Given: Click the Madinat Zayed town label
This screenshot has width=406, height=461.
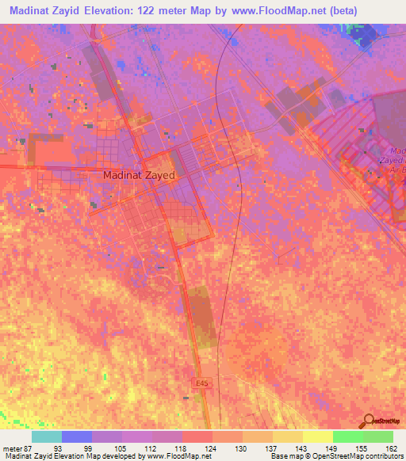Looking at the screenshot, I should coord(139,177).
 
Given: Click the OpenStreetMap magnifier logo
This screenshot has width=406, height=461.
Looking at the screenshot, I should coord(370,420).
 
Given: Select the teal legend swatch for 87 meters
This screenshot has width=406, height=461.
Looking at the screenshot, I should coord(46,436).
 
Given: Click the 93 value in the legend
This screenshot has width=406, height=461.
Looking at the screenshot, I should coord(57,448).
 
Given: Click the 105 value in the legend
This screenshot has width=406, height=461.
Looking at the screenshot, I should coord(117,448).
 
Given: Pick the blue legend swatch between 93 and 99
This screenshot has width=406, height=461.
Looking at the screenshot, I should coord(76,436).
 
